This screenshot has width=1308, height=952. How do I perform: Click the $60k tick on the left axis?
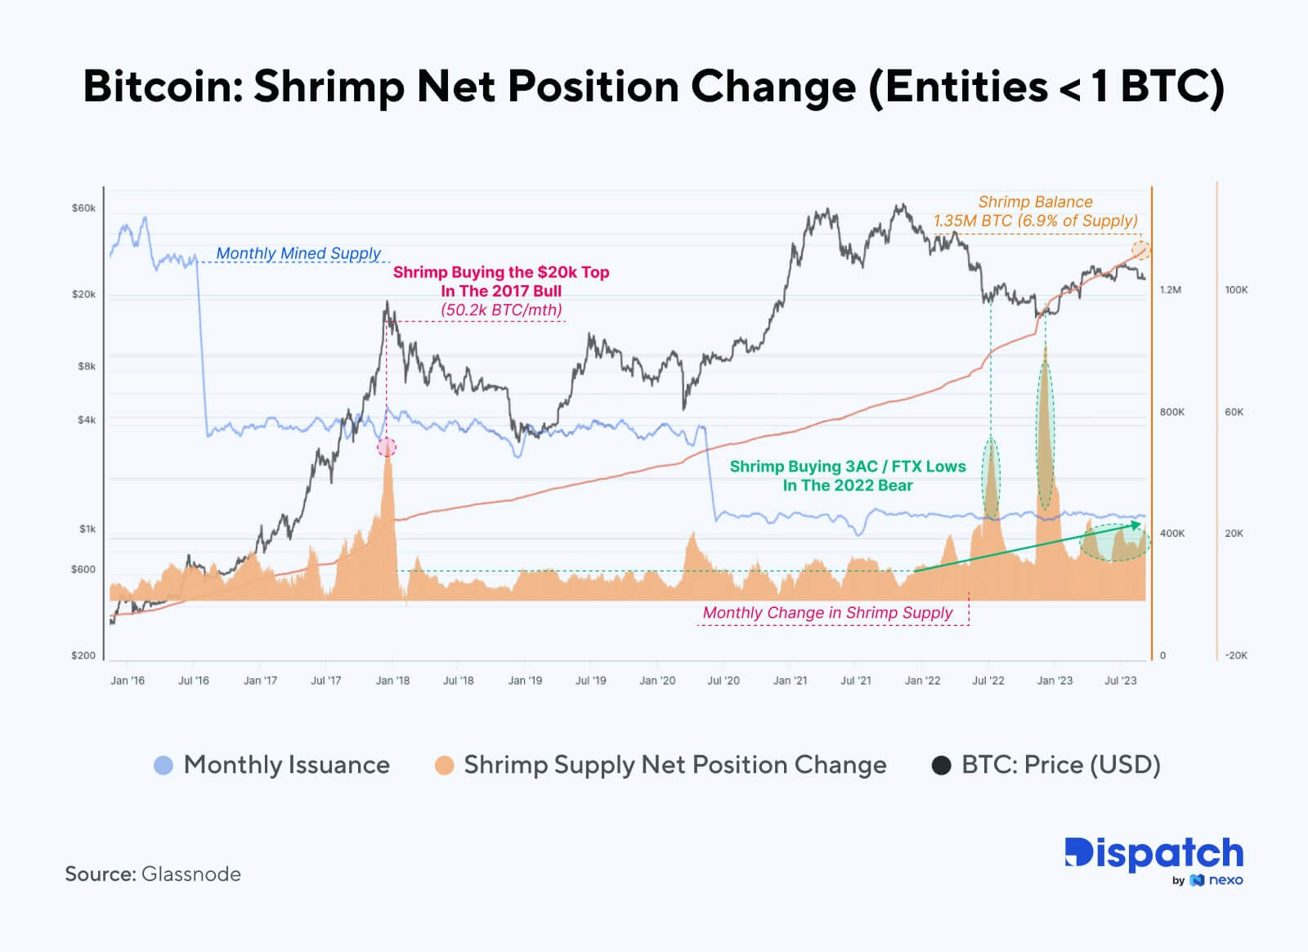[83, 208]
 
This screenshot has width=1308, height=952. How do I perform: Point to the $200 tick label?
[83, 655]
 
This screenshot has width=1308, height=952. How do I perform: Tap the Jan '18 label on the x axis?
[392, 681]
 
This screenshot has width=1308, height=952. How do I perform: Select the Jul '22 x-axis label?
[988, 681]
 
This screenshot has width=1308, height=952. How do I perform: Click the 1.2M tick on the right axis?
[1171, 290]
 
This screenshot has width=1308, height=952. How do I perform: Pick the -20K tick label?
[1236, 655]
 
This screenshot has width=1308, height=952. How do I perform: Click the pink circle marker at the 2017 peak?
[387, 447]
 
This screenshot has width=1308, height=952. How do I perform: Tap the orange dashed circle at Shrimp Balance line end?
[1140, 250]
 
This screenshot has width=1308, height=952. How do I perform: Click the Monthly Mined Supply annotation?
[298, 253]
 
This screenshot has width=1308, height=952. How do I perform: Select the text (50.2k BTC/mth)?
[501, 310]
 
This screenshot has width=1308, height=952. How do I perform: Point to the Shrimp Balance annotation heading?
[1035, 202]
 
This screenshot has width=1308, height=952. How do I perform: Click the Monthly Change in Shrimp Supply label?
[827, 613]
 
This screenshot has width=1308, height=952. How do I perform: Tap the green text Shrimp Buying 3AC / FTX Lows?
[848, 467]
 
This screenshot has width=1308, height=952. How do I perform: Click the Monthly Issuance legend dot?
[163, 766]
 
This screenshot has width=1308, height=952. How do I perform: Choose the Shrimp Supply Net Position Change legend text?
[674, 765]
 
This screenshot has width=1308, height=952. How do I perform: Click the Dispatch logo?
[1153, 854]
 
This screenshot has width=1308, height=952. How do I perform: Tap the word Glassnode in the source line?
[191, 874]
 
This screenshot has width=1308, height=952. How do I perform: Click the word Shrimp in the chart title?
[329, 87]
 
